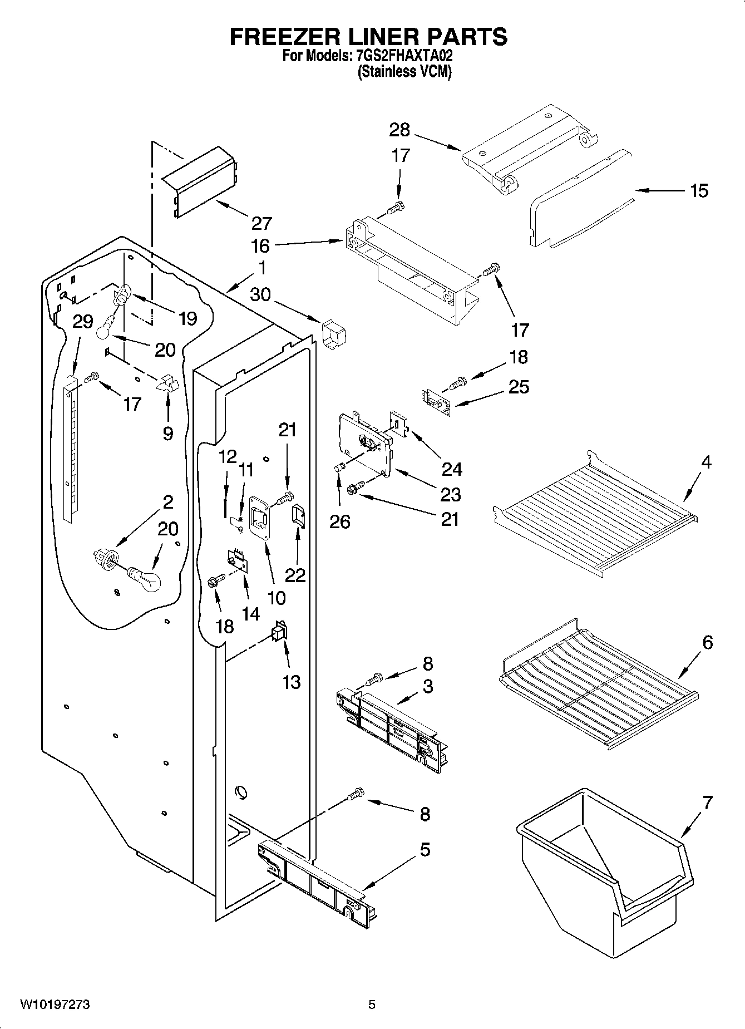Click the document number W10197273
click(x=55, y=1005)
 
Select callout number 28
click(x=399, y=130)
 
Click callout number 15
click(x=699, y=191)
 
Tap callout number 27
click(x=261, y=223)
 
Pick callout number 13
click(x=292, y=682)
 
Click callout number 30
click(x=260, y=294)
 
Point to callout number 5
click(x=425, y=850)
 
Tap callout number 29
click(x=83, y=322)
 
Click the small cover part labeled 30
click(x=334, y=334)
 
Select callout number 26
click(x=340, y=521)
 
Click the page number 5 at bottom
click(x=372, y=1005)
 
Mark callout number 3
click(x=427, y=686)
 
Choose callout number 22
click(x=295, y=574)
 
